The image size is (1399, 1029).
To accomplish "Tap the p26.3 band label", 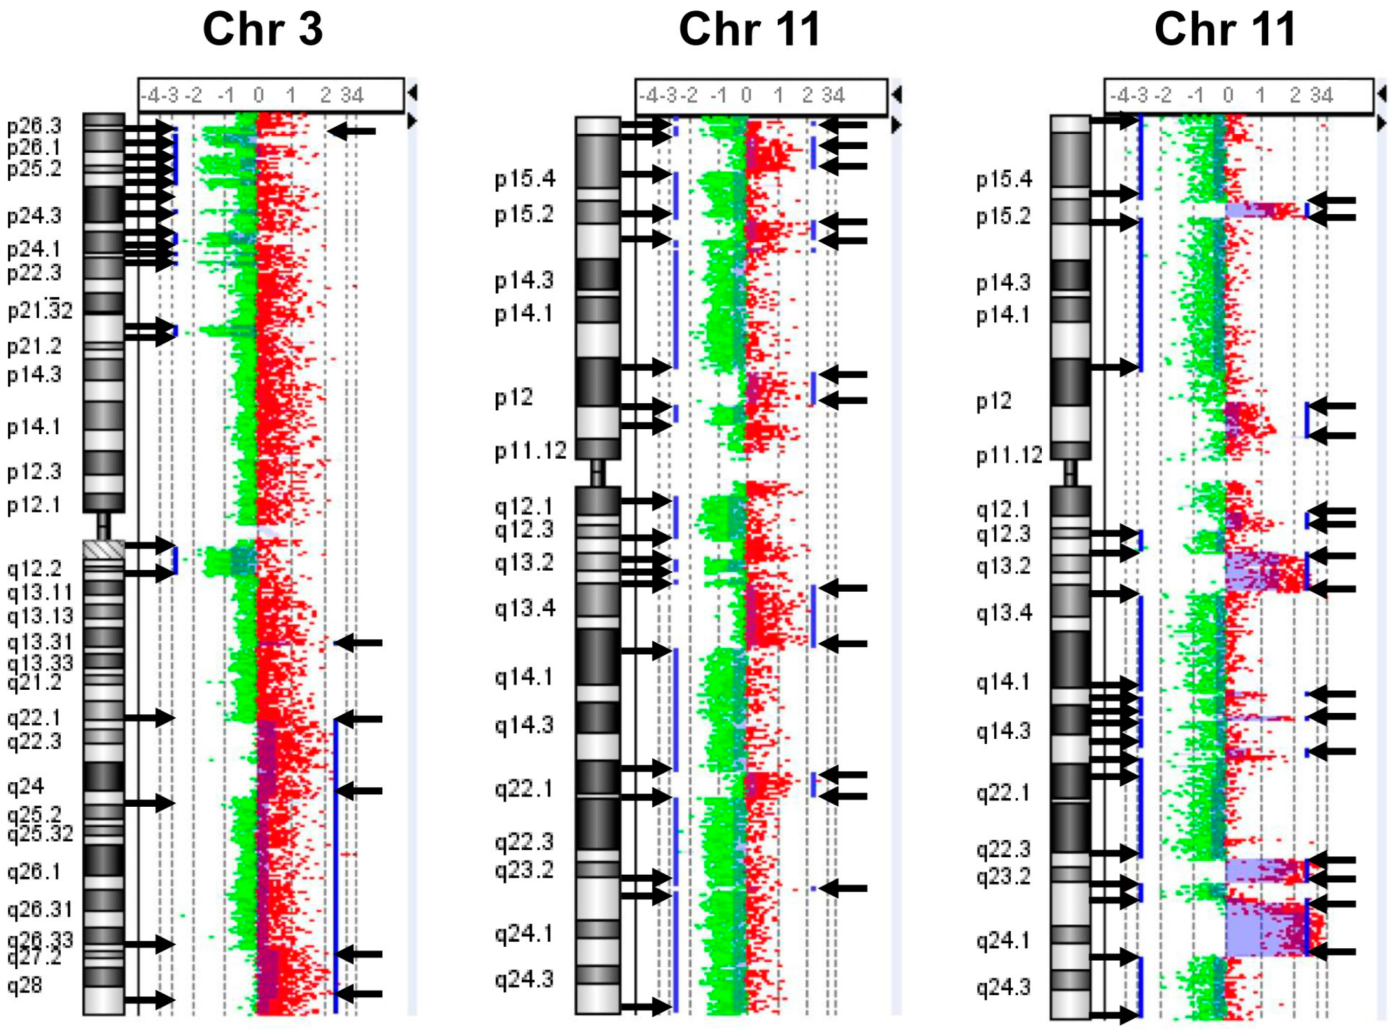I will [34, 126].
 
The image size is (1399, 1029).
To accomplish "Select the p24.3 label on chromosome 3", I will [34, 216].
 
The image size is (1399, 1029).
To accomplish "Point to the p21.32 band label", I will [40, 310].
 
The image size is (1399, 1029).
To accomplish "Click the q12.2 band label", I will [34, 568].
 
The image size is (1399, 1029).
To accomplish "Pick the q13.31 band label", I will [40, 642].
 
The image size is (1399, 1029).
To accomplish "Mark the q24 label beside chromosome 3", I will [26, 787].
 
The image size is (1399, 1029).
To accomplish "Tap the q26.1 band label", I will [34, 872].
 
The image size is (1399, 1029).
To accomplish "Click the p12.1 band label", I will [34, 504].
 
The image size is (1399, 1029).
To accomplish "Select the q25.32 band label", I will [40, 833].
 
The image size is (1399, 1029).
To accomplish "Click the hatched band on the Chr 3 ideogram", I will [103, 549].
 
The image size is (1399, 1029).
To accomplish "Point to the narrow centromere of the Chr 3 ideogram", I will [103, 526].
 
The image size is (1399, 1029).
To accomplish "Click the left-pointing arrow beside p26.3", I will [352, 131].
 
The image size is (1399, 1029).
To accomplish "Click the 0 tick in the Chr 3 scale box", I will [259, 96].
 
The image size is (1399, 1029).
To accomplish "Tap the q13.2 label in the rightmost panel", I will [1004, 566].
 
